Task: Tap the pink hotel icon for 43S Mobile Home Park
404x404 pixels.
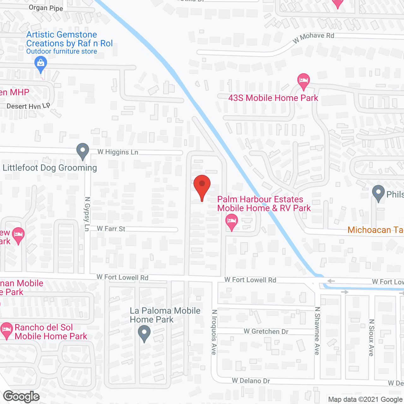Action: [x=303, y=80]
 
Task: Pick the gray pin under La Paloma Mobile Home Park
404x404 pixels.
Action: [x=144, y=333]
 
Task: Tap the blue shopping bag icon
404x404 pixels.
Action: [x=40, y=63]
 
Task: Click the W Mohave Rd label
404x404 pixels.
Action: [x=313, y=37]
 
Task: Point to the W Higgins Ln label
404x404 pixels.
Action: [x=118, y=152]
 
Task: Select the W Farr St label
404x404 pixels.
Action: [x=111, y=229]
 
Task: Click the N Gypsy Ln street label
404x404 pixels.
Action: [x=87, y=214]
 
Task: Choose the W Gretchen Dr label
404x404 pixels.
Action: [x=266, y=331]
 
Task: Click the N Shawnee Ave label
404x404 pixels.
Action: [x=318, y=331]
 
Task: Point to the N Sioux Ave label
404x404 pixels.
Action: [x=371, y=338]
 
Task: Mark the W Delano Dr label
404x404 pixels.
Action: [x=251, y=381]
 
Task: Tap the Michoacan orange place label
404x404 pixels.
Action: [x=375, y=230]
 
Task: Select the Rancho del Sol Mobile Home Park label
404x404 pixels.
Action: [x=50, y=332]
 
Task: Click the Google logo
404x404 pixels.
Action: [x=21, y=396]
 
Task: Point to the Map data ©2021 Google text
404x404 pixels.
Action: [x=365, y=400]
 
